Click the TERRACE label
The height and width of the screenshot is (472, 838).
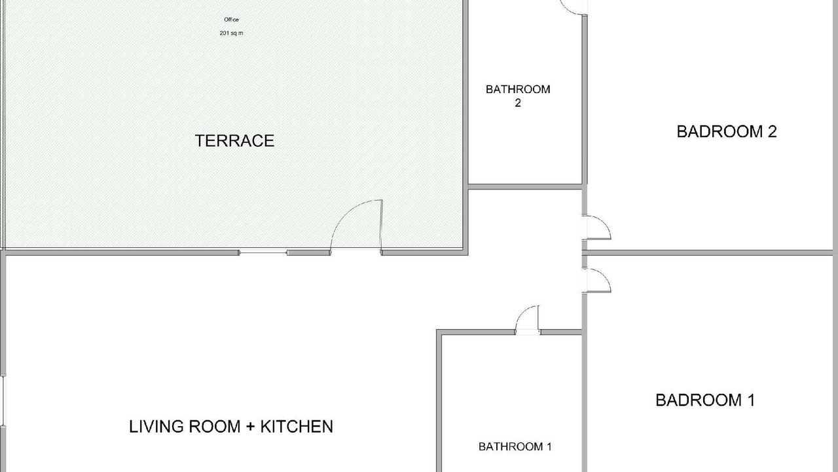pos(234,141)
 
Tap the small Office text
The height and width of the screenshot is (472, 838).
pos(231,20)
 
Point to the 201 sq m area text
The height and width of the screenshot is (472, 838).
pos(231,33)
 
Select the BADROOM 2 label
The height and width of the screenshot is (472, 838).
pos(727,132)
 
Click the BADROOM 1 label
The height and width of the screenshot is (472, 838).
pos(705,400)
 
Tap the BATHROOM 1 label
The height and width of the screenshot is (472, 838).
pos(515,446)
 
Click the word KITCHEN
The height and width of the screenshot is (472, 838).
pos(297,427)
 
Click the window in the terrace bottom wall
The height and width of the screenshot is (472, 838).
pos(263,252)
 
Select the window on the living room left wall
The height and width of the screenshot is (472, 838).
pos(3,401)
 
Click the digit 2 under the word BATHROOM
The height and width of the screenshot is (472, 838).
pos(518,103)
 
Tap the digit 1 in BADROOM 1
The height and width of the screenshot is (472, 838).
pos(751,400)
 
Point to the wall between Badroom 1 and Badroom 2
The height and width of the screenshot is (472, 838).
pos(710,253)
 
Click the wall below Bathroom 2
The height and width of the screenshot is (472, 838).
pos(525,187)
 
